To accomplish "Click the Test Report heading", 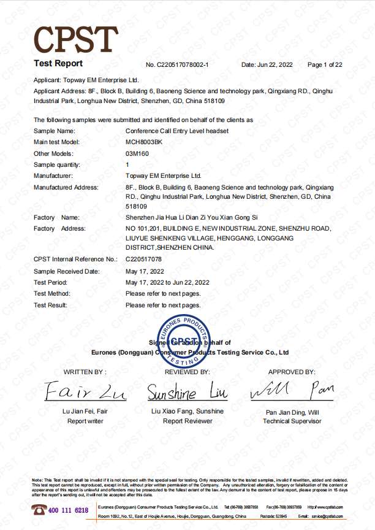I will click(x=58, y=64).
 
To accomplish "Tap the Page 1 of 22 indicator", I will click(x=325, y=64).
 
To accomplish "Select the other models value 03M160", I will click(x=137, y=153).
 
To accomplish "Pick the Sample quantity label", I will click(x=57, y=164).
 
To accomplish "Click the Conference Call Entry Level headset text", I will click(x=177, y=131).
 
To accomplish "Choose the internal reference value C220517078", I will click(x=145, y=260).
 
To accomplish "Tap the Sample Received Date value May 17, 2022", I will click(x=145, y=271).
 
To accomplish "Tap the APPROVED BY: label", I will click(x=292, y=372).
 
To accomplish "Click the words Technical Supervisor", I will click(x=292, y=421).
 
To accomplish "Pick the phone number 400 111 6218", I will click(x=68, y=510).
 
